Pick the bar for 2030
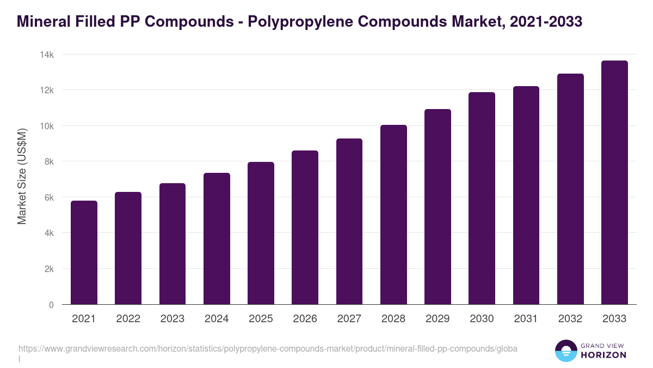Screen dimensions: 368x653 click(482, 198)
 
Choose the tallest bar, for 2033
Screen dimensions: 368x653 click(614, 183)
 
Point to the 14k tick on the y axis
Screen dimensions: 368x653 click(47, 55)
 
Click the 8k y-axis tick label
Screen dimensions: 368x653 click(48, 161)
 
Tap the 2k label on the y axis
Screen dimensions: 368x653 click(48, 269)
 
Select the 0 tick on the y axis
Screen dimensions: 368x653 click(51, 305)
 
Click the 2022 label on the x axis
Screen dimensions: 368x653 click(128, 319)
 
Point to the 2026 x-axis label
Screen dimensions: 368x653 click(305, 319)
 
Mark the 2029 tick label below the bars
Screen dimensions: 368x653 click(438, 319)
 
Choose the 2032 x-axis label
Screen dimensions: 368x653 click(570, 319)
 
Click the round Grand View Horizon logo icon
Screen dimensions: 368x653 click(565, 351)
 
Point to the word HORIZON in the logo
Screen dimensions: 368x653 click(604, 355)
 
